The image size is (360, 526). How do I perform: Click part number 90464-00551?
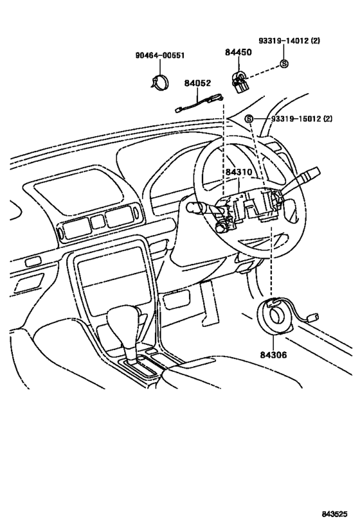coord(160,55)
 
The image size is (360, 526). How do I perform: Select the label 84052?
coord(197,83)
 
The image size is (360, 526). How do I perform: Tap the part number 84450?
coord(238,52)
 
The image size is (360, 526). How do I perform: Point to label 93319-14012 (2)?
coord(289,40)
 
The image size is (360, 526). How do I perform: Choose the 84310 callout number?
coord(239,172)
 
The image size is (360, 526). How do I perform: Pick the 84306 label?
coord(273,355)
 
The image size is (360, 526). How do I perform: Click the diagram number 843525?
coord(335,514)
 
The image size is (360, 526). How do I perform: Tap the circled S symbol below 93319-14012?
coord(284,64)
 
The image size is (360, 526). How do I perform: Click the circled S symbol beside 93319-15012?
coord(249,118)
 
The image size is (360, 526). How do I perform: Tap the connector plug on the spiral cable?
coord(313,317)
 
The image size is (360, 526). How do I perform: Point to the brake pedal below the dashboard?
coord(209,304)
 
